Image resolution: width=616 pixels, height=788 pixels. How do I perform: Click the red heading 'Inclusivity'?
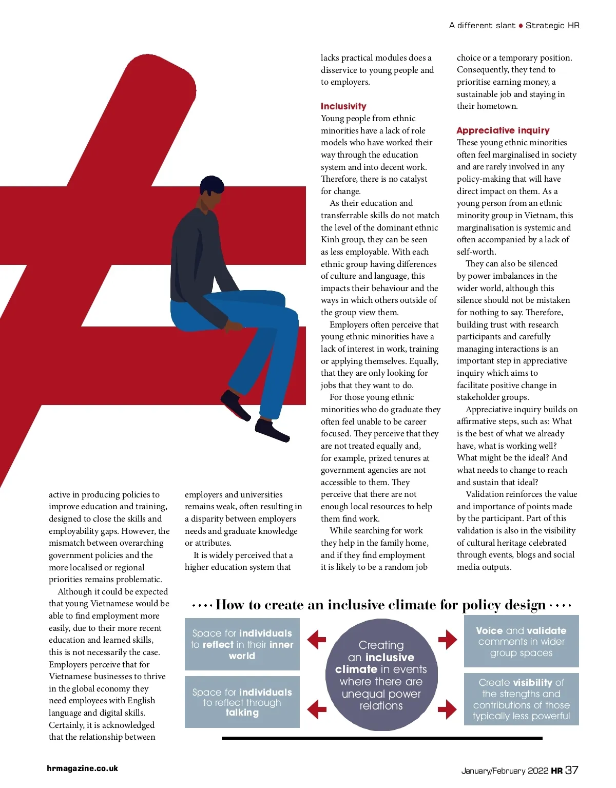(343, 106)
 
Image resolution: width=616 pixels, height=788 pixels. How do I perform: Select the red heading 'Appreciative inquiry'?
(503, 130)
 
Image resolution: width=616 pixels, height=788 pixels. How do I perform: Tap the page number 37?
(571, 770)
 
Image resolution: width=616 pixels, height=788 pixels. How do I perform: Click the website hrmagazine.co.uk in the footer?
(82, 768)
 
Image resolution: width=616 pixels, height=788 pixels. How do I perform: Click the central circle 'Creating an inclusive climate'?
(381, 675)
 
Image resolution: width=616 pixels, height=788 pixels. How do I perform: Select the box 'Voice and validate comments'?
(521, 641)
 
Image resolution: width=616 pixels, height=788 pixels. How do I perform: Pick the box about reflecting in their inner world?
(242, 644)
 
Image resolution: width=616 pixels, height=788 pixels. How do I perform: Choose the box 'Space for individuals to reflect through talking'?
(242, 702)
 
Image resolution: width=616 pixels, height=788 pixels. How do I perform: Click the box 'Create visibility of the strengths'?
(521, 699)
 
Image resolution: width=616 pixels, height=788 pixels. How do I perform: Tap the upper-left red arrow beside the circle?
(317, 640)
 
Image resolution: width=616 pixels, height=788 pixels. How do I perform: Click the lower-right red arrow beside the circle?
(447, 709)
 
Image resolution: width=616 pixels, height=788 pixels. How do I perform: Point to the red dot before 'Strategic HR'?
(521, 26)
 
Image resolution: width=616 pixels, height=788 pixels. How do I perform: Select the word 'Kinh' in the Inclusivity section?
(331, 240)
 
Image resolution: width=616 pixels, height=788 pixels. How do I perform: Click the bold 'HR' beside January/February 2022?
(556, 771)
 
